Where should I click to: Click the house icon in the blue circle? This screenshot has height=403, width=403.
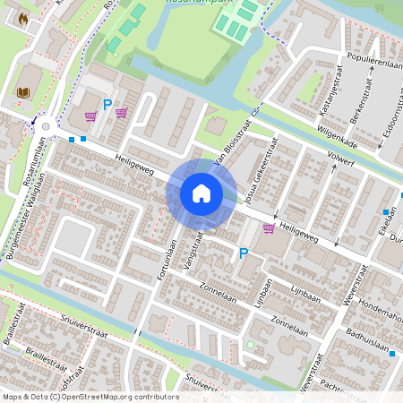click(201, 193)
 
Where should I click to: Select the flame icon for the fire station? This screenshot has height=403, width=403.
click(23, 17)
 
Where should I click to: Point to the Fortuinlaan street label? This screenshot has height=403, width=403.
click(165, 260)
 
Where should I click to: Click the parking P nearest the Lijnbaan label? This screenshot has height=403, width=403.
click(243, 254)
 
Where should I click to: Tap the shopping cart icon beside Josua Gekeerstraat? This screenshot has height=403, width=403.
click(269, 228)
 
